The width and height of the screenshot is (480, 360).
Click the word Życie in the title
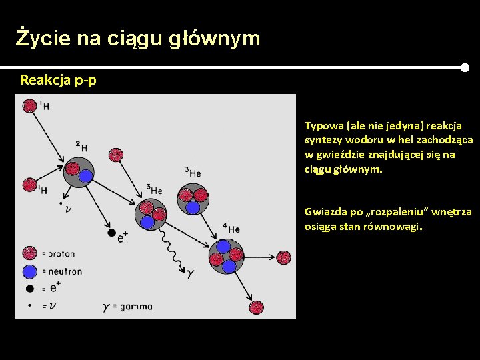click(43, 39)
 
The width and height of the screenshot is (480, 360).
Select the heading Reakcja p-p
click(58, 81)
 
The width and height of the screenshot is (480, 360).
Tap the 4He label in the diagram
click(231, 229)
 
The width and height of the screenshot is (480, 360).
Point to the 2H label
click(81, 145)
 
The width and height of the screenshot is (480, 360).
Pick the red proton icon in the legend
click(29, 253)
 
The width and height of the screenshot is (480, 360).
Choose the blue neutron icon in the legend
click(29, 271)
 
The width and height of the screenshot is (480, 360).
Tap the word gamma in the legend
click(137, 307)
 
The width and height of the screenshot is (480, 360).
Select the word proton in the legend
click(62, 254)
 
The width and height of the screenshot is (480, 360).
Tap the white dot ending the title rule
click(465, 67)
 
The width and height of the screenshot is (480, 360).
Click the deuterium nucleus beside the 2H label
click(79, 171)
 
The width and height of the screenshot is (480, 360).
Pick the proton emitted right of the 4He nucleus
click(283, 257)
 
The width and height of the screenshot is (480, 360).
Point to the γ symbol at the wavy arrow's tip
click(191, 273)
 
